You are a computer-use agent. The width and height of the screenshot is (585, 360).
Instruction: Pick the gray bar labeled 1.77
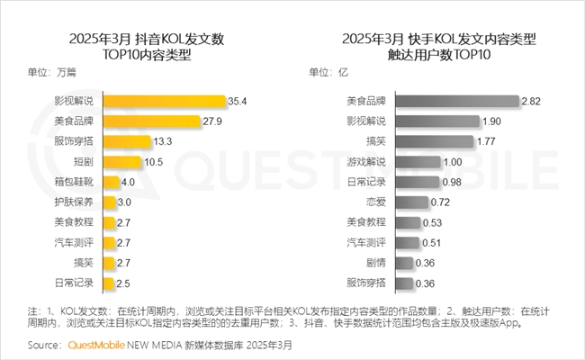tap(419, 141)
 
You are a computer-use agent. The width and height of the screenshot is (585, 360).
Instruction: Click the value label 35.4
tap(238, 101)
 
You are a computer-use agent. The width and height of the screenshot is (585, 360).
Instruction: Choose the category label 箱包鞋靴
tap(76, 182)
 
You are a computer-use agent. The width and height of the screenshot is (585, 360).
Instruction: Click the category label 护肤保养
tap(76, 202)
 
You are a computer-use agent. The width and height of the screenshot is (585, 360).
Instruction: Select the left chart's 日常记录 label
tap(76, 283)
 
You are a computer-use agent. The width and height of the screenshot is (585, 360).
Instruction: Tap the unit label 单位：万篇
tap(52, 73)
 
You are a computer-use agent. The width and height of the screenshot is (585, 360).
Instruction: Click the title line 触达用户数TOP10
tap(439, 55)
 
